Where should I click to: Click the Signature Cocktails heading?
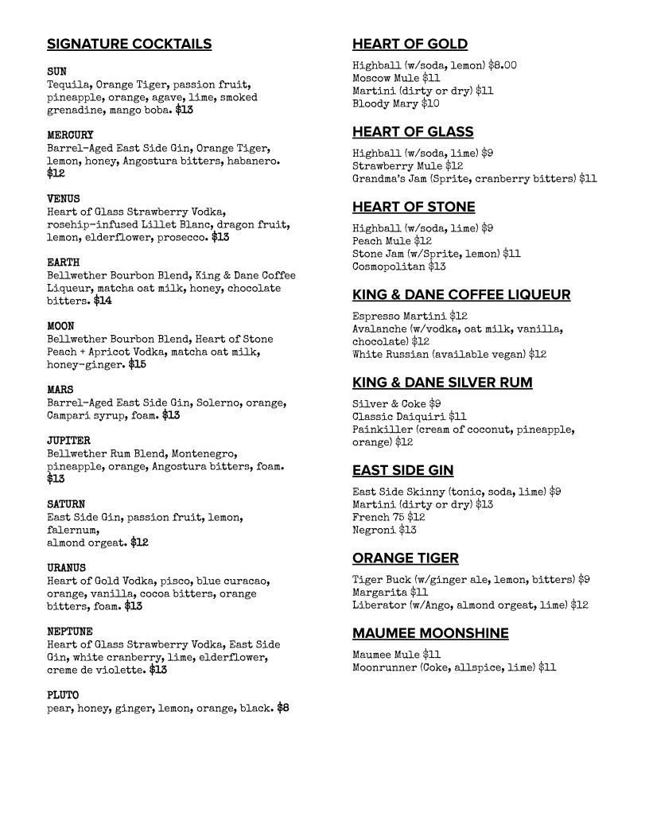[x=129, y=44]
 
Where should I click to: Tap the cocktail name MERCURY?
[x=70, y=135]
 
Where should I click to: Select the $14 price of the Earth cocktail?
[x=103, y=301]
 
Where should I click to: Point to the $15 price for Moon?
[x=137, y=364]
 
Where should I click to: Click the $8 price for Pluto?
[x=283, y=708]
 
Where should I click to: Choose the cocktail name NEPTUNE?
[x=70, y=632]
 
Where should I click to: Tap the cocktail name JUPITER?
[x=68, y=441]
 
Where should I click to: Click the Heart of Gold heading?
[x=410, y=44]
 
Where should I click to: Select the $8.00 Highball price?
[x=502, y=65]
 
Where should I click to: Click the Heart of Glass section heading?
[x=413, y=131]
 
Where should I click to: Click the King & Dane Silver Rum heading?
[x=442, y=382]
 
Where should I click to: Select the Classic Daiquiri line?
[x=409, y=416]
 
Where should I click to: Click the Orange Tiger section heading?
[x=406, y=558]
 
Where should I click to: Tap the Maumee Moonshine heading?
[x=430, y=633]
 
